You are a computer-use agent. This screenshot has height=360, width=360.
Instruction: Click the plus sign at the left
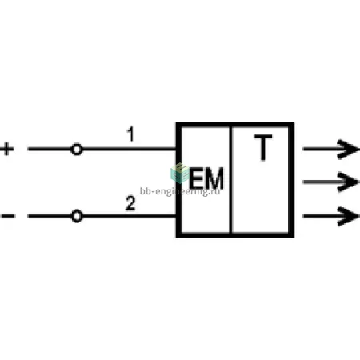7,149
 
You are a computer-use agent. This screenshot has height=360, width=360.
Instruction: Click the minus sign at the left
8,216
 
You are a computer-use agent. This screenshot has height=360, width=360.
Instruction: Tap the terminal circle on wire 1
77,150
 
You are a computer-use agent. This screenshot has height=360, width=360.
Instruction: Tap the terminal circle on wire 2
77,216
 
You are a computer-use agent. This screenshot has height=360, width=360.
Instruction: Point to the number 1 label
130,134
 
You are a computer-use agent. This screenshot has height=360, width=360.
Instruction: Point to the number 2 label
130,203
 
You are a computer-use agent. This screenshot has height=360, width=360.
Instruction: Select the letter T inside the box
263,147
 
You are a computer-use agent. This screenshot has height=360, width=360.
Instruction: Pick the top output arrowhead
348,149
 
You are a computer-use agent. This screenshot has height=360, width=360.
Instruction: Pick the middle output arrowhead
348,182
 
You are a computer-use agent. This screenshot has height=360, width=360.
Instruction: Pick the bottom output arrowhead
348,216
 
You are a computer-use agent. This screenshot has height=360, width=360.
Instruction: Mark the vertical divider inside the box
230,180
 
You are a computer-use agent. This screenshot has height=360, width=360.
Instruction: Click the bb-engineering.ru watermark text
180,191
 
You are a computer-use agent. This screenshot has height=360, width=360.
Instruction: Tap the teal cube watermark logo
180,173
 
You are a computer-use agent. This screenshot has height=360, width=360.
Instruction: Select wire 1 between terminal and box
129,149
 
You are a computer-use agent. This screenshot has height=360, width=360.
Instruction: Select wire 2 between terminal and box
130,216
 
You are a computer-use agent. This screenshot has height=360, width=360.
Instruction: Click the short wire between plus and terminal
50,149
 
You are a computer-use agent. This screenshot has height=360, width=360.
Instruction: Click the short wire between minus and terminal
50,216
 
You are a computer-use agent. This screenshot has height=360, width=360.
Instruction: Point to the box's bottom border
235,234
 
